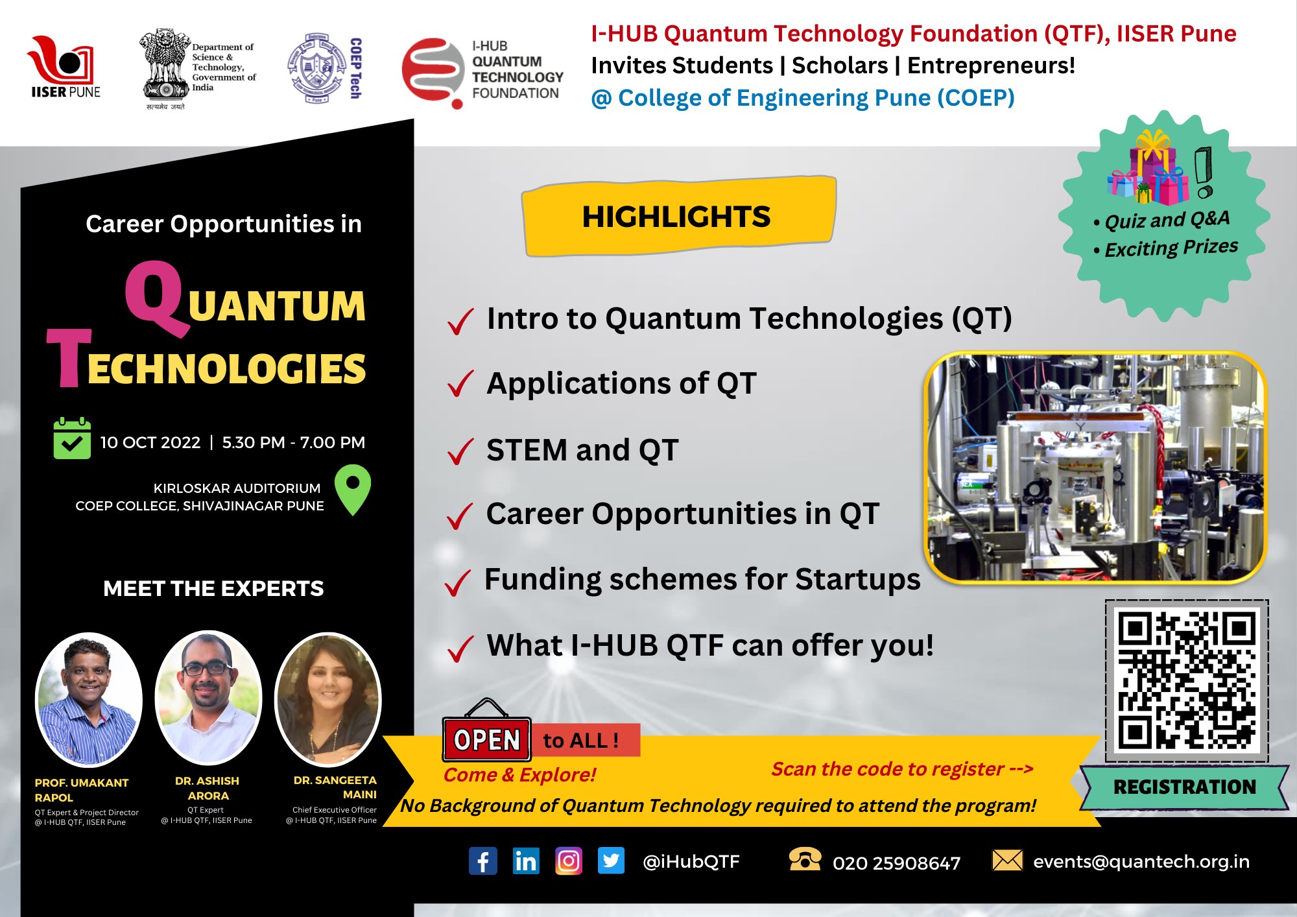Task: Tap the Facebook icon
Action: [x=483, y=861]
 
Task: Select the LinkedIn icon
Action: [x=525, y=861]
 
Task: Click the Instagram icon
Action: [x=569, y=861]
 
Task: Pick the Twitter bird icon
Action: [x=611, y=861]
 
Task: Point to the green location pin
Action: [x=353, y=488]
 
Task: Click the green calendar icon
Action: [x=72, y=439]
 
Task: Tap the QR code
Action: [x=1186, y=680]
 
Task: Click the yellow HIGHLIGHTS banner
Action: [x=678, y=217]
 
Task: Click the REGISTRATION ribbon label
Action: [x=1184, y=787]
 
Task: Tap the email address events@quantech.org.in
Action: [x=1141, y=861]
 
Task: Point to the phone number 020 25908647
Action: [x=896, y=863]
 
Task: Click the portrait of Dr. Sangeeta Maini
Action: [x=329, y=698]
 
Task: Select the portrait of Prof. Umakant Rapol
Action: [x=88, y=699]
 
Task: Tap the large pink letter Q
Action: [x=154, y=298]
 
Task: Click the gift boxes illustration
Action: [x=1148, y=168]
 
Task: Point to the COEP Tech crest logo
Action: [x=316, y=68]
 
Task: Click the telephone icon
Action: [x=805, y=859]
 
